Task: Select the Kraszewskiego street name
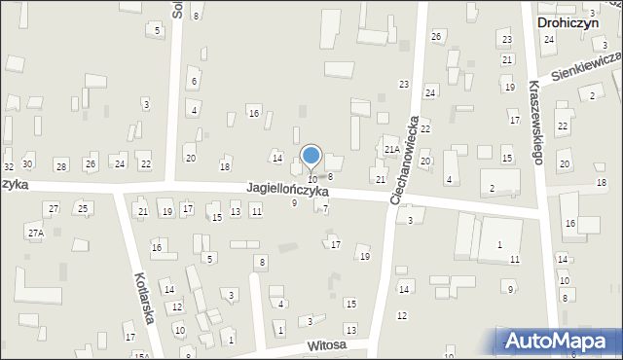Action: (x=534, y=123)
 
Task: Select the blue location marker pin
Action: (x=311, y=157)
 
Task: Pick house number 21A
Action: (x=390, y=149)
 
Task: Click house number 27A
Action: (x=35, y=234)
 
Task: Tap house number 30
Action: (x=27, y=163)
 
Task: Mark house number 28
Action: (x=60, y=167)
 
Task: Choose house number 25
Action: (x=84, y=208)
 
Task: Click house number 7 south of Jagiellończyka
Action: (x=325, y=210)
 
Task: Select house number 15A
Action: (x=141, y=356)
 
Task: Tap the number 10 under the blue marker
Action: (x=311, y=180)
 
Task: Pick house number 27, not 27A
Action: (x=54, y=208)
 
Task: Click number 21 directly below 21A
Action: (x=381, y=180)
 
